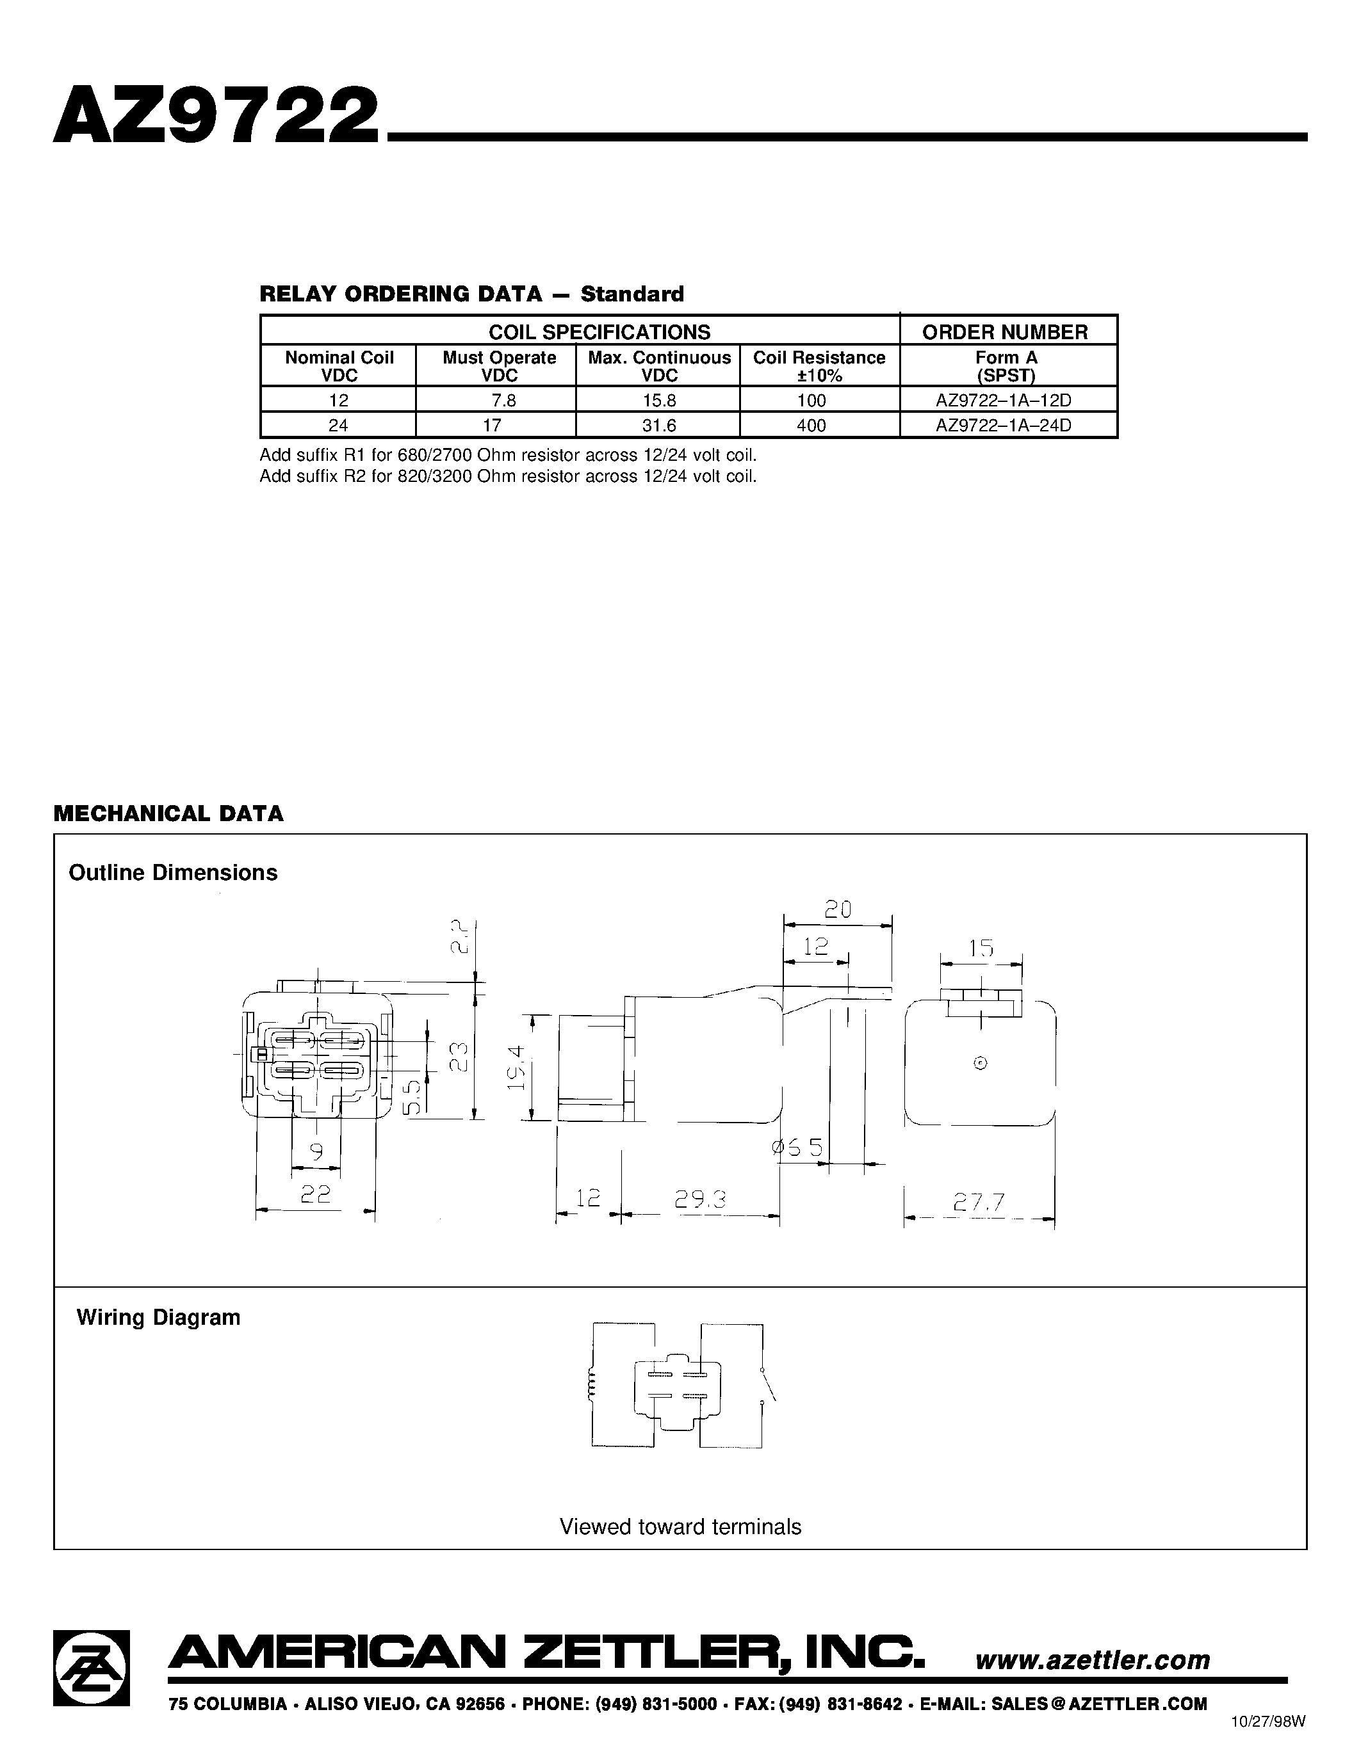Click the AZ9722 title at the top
click(x=215, y=115)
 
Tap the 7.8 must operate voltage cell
click(x=503, y=401)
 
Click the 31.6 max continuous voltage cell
click(x=659, y=426)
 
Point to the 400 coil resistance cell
click(x=811, y=426)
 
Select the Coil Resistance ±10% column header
click(x=819, y=366)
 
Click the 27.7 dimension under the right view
click(x=980, y=1203)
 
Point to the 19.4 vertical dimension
click(x=516, y=1068)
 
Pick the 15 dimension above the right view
click(x=981, y=948)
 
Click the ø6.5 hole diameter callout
click(x=797, y=1148)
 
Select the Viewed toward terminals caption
click(x=680, y=1527)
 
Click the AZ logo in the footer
click(x=91, y=1667)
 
